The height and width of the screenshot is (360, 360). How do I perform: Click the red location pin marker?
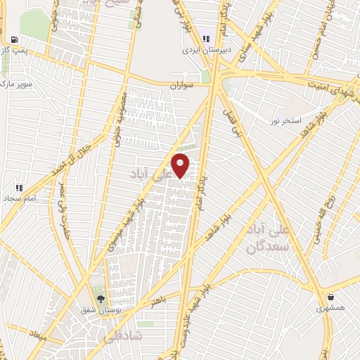pyautogui.click(x=181, y=165)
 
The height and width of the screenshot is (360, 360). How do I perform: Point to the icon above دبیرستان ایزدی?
pyautogui.click(x=206, y=39)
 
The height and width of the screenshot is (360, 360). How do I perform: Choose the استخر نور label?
pyautogui.click(x=286, y=121)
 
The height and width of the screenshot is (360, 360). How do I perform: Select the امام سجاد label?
pyautogui.click(x=21, y=200)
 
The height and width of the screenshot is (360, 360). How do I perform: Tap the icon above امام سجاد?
pyautogui.click(x=19, y=188)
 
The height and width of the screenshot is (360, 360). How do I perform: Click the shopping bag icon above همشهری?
pyautogui.click(x=330, y=297)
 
